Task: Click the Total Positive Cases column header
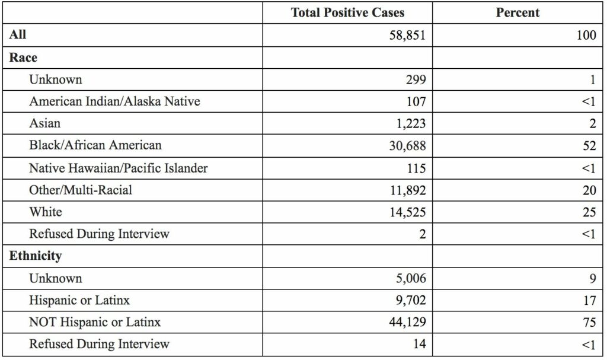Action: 347,12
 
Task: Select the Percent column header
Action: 518,12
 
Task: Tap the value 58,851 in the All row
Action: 406,35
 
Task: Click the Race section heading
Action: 23,58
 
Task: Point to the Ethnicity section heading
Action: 35,256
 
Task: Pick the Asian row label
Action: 45,123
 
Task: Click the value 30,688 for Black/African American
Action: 408,146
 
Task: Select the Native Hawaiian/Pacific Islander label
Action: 119,168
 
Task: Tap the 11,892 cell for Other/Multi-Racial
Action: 408,190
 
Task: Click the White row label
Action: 46,212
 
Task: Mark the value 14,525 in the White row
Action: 408,212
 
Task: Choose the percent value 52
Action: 589,146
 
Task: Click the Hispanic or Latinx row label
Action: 79,300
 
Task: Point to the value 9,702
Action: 410,301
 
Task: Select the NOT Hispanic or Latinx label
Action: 95,323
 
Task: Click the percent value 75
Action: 589,323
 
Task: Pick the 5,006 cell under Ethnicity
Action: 410,278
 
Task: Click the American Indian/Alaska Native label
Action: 114,101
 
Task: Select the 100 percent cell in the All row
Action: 586,35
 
